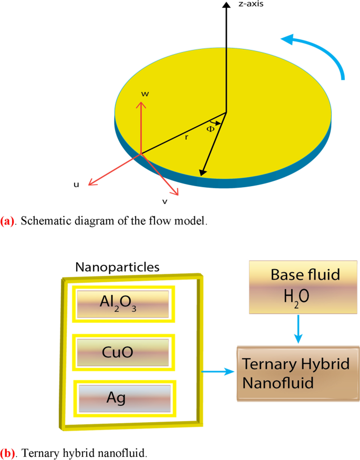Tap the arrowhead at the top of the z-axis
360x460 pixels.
point(227,5)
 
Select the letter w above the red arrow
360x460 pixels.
point(146,94)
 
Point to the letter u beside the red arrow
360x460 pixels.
point(76,185)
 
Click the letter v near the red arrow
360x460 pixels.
point(164,200)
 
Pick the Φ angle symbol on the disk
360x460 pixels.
point(211,129)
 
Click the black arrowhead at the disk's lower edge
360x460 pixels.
point(201,172)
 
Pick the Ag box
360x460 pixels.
point(122,397)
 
